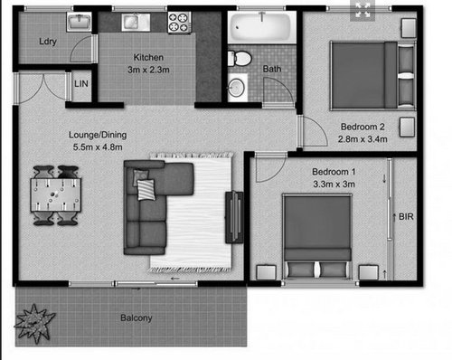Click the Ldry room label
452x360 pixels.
tap(48, 41)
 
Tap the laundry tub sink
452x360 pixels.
tap(79, 22)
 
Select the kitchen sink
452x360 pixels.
tap(136, 22)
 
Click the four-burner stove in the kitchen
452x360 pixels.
tap(179, 23)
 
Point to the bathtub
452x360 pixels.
tap(262, 27)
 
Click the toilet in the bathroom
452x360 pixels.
tap(240, 59)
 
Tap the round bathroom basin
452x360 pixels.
tap(236, 88)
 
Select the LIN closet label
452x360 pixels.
tap(81, 83)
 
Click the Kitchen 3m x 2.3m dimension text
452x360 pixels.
tap(148, 70)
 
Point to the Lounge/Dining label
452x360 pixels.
tap(98, 135)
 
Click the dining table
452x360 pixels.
tap(56, 195)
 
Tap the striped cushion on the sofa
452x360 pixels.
tap(146, 189)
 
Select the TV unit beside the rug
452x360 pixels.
tap(234, 217)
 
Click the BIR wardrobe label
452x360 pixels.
tap(406, 216)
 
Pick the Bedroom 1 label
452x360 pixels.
tap(334, 172)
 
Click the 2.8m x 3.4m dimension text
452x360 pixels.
tap(363, 139)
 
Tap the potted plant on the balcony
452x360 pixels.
tap(33, 324)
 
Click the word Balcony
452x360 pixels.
tap(137, 317)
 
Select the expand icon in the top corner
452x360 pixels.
tap(363, 10)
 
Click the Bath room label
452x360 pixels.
tap(272, 69)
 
